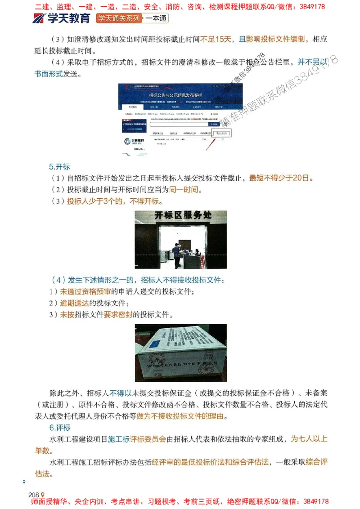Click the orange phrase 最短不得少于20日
(x=281, y=178)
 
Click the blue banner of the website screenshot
(x=180, y=95)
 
